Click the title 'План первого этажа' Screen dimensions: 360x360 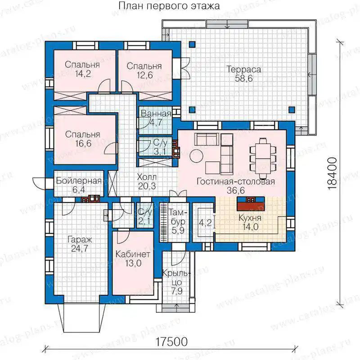coord(169,6)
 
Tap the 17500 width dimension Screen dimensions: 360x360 coord(172,342)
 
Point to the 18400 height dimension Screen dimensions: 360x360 coord(332,173)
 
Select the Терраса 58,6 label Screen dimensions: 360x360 coord(244,74)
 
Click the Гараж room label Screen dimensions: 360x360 coord(80,244)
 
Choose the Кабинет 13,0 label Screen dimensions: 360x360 coord(133,258)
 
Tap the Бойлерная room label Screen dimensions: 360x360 coord(78,185)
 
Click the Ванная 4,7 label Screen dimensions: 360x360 coord(156,118)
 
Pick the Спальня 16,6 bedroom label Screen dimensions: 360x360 coord(83,139)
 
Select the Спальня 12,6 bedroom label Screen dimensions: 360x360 coord(144,71)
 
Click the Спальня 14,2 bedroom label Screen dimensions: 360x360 coord(82,69)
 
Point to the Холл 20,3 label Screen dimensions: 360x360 coord(147,181)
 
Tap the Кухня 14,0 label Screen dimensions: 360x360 coord(250,222)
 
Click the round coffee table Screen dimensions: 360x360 coord(196,156)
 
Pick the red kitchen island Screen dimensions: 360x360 coord(251,204)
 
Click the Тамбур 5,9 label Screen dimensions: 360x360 coord(178,221)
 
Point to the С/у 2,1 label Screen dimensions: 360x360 coord(145,217)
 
